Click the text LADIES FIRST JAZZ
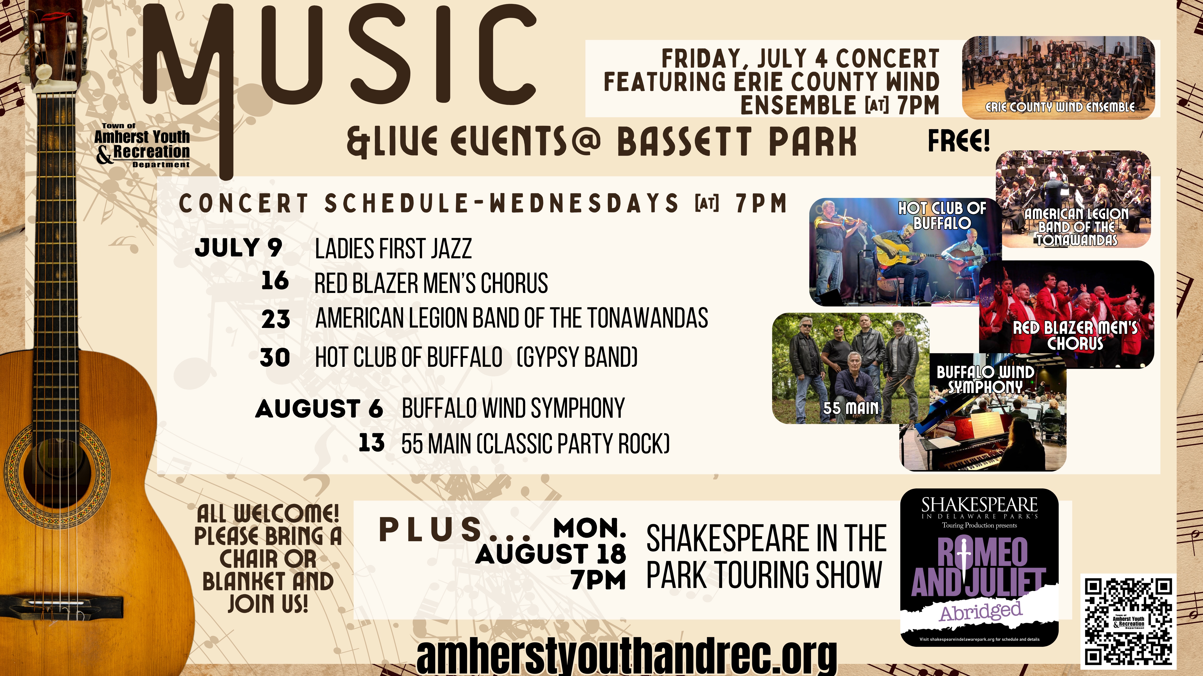tap(393, 249)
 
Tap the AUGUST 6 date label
tap(319, 409)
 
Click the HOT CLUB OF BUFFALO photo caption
tap(942, 216)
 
